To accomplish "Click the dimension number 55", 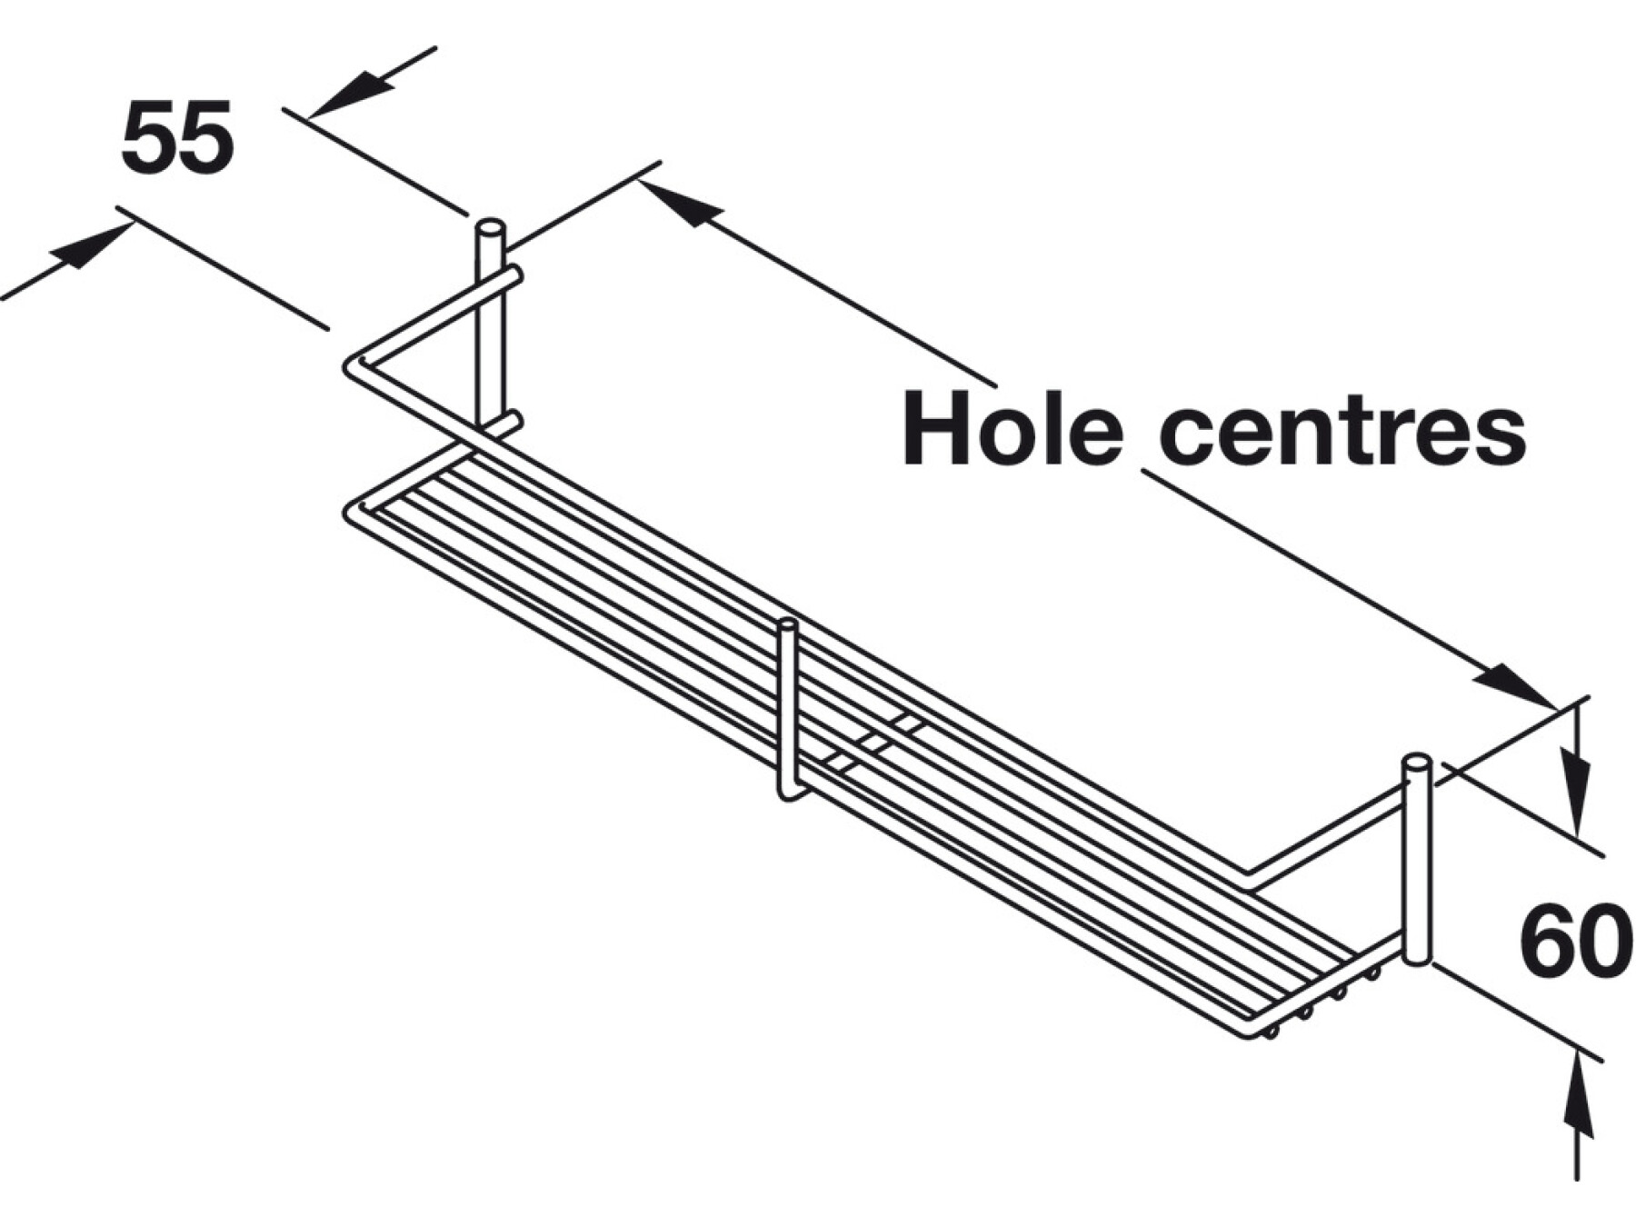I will (177, 138).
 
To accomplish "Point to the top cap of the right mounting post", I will (1417, 762).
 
